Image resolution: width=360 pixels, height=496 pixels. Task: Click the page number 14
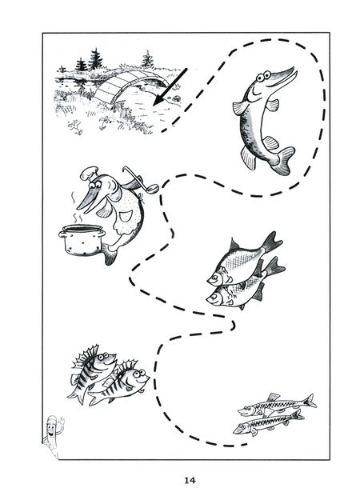click(x=190, y=480)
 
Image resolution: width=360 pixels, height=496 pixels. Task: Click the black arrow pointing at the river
click(x=170, y=87)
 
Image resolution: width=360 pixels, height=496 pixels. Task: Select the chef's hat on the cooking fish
click(x=89, y=173)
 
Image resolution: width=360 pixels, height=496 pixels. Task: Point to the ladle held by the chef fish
click(x=141, y=179)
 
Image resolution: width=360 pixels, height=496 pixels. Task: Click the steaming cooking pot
click(x=82, y=239)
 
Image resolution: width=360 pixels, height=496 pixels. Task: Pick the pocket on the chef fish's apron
click(x=126, y=216)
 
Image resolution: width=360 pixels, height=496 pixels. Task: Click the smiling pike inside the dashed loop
click(x=264, y=120)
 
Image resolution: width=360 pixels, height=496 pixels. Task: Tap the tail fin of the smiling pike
click(x=283, y=160)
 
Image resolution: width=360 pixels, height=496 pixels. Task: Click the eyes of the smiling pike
click(x=263, y=76)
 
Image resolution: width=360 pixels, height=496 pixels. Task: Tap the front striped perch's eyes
click(x=137, y=374)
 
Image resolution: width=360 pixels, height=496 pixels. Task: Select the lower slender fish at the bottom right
click(x=268, y=423)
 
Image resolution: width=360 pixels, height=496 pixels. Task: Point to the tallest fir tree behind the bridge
click(x=95, y=59)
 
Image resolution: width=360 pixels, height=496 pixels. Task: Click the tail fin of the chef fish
click(x=109, y=254)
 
